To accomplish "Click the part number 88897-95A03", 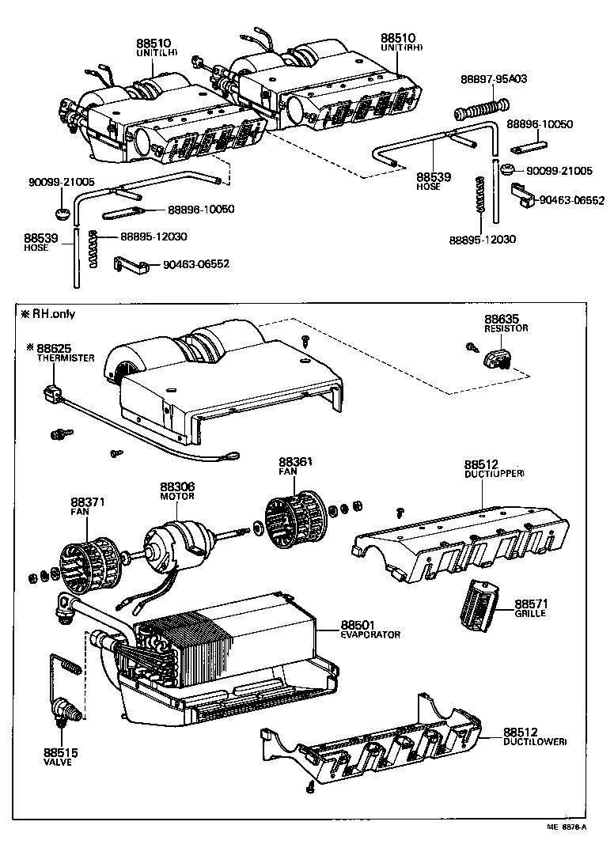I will [493, 79].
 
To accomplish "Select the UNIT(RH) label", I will [403, 47].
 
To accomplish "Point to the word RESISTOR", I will [506, 328].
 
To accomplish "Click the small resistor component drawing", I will [498, 358].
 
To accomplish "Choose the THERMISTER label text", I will [66, 358].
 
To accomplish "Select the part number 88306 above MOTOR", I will [177, 486].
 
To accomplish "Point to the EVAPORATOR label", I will [371, 634].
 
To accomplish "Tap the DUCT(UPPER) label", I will [494, 473].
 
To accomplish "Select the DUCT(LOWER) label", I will [534, 742].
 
